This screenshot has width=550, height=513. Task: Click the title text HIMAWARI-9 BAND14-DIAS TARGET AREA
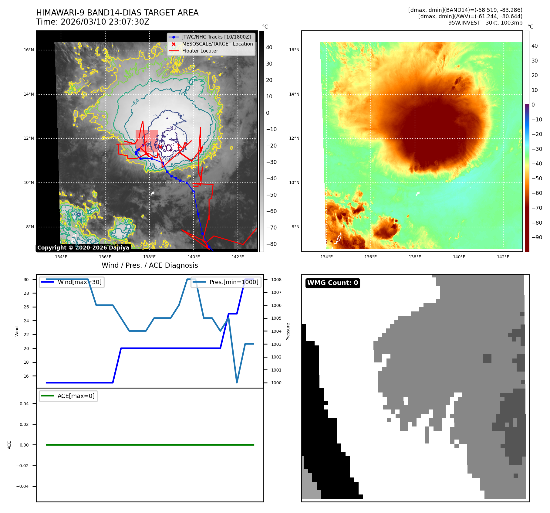pyautogui.click(x=117, y=13)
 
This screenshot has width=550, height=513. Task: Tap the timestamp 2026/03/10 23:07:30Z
pyautogui.click(x=105, y=22)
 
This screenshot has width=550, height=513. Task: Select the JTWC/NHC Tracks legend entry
pyautogui.click(x=216, y=37)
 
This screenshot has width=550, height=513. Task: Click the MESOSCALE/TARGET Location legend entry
pyautogui.click(x=217, y=44)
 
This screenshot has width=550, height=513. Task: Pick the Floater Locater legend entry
pyautogui.click(x=200, y=51)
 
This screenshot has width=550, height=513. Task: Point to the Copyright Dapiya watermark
pyautogui.click(x=83, y=247)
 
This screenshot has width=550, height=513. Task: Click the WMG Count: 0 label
pyautogui.click(x=332, y=283)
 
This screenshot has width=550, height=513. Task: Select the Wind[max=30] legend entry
pyautogui.click(x=79, y=282)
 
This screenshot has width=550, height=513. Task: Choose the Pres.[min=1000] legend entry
pyautogui.click(x=234, y=282)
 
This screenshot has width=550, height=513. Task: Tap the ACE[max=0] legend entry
pyautogui.click(x=76, y=396)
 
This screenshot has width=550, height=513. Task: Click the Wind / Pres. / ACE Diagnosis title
pyautogui.click(x=150, y=265)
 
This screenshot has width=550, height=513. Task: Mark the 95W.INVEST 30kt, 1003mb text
pyautogui.click(x=485, y=23)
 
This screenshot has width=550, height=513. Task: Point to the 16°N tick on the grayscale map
pyautogui.click(x=29, y=50)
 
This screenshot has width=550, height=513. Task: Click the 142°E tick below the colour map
pyautogui.click(x=503, y=257)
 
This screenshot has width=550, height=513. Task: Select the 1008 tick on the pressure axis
pyautogui.click(x=276, y=280)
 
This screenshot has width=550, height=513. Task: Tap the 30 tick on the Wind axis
pyautogui.click(x=26, y=280)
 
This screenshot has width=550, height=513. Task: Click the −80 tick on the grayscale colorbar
pyautogui.click(x=271, y=244)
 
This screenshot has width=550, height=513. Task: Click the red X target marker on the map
pyautogui.click(x=160, y=147)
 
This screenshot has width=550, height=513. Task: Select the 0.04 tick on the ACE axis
pyautogui.click(x=24, y=404)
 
